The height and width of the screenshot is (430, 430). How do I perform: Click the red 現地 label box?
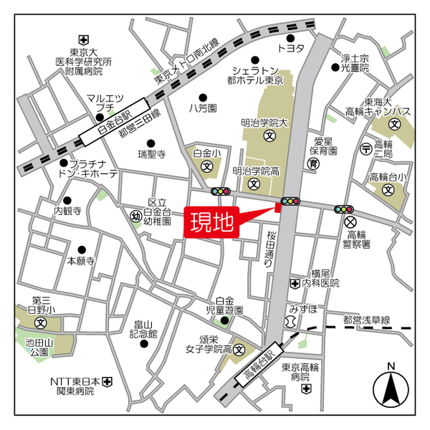coord(212,223)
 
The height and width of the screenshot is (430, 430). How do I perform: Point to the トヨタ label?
coord(290,48)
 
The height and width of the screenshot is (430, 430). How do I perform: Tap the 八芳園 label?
coord(203,107)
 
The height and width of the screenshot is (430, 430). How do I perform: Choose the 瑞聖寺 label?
coord(152,153)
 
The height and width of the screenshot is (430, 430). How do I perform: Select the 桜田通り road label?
coord(271,249)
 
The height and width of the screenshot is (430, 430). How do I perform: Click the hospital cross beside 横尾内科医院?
coord(295,284)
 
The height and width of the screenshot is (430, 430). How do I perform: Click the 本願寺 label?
coord(80,262)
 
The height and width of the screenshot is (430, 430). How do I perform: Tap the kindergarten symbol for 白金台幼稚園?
coord(136,215)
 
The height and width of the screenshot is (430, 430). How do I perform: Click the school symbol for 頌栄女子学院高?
coord(239,351)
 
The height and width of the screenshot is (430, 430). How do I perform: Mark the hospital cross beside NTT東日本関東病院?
coord(107,381)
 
